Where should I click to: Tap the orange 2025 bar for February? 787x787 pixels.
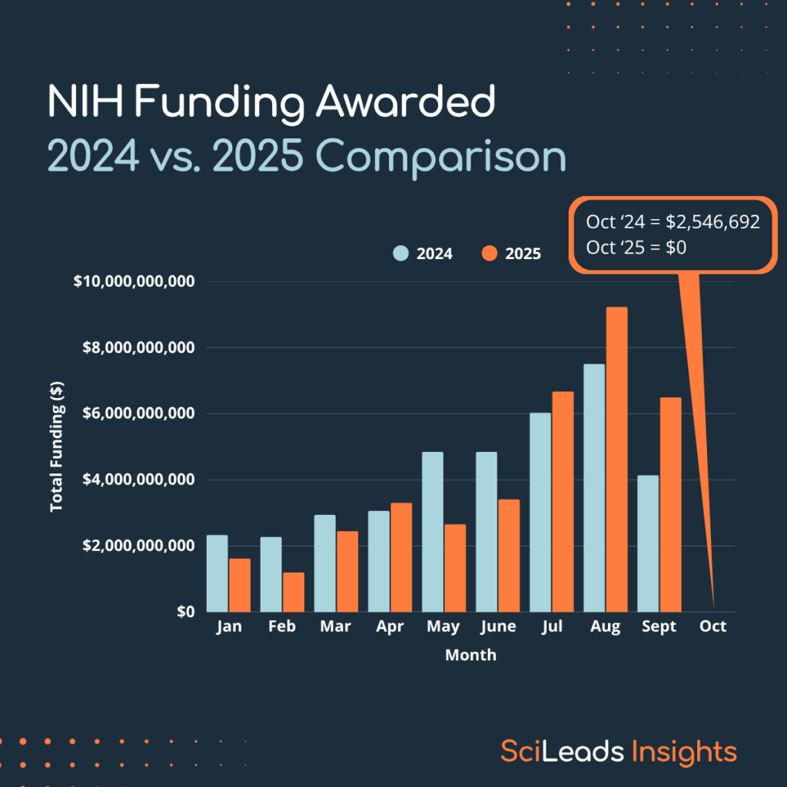click(293, 592)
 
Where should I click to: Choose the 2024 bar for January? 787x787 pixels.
click(218, 573)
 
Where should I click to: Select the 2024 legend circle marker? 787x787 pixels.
click(401, 254)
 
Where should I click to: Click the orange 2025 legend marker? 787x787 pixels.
click(490, 254)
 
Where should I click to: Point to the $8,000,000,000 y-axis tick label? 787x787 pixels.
click(134, 347)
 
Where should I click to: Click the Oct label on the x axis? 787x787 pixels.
click(712, 627)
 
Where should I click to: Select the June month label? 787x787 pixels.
click(497, 627)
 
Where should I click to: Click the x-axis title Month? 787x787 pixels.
click(470, 656)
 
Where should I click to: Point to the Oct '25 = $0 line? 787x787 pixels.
click(636, 247)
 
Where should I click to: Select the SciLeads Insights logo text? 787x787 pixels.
click(619, 751)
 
